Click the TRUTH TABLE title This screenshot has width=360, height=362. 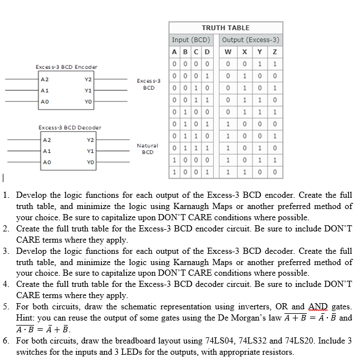pyautogui.click(x=225, y=27)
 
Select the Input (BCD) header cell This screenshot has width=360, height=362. pyautogui.click(x=191, y=40)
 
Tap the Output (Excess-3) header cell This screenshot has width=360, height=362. pyautogui.click(x=250, y=40)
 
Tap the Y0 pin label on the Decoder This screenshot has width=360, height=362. pyautogui.click(x=90, y=160)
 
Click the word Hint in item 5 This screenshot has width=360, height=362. pyautogui.click(x=26, y=317)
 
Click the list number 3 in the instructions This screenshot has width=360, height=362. pyautogui.click(x=5, y=251)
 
